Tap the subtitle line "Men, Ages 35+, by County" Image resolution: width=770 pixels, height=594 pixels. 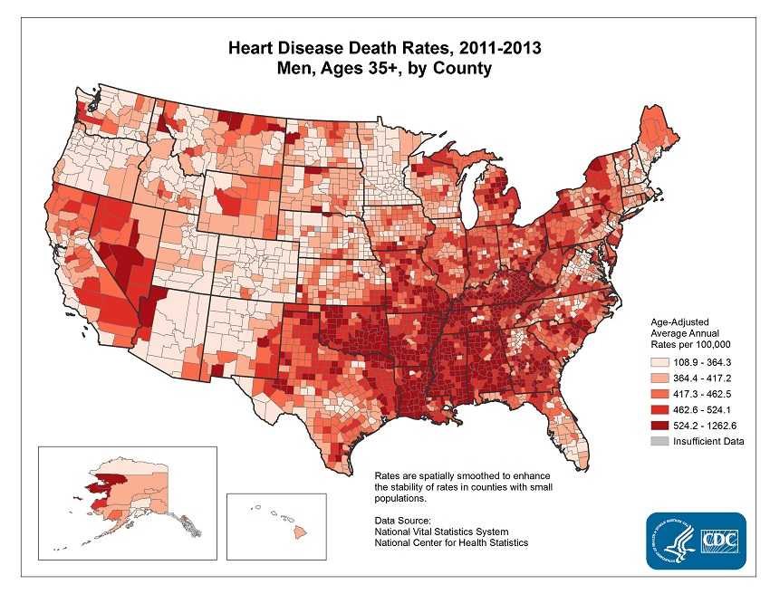point(385,69)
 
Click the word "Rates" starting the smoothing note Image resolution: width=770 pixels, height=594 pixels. point(387,475)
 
